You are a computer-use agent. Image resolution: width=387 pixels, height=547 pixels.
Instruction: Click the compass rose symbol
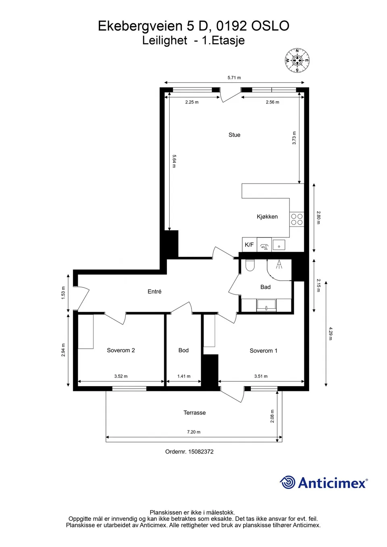pyautogui.click(x=297, y=60)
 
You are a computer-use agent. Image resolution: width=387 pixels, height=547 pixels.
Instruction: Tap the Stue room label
pyautogui.click(x=234, y=135)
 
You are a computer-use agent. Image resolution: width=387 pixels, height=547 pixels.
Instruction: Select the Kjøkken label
pyautogui.click(x=267, y=216)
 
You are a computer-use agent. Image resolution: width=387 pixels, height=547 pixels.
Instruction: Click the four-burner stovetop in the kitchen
pyautogui.click(x=297, y=219)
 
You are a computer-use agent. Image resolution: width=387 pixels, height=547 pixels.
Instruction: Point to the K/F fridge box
pyautogui.click(x=249, y=244)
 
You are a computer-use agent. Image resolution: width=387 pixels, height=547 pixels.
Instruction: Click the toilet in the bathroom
pyautogui.click(x=250, y=265)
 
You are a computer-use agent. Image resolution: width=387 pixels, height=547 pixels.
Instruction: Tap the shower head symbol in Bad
pyautogui.click(x=279, y=264)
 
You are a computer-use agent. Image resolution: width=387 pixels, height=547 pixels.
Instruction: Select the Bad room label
pyautogui.click(x=265, y=287)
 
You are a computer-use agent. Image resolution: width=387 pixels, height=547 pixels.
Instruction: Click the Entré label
pyautogui.click(x=154, y=291)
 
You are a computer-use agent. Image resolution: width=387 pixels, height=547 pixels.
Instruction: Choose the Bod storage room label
pyautogui.click(x=183, y=350)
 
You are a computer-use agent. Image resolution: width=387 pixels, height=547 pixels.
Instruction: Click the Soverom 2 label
pyautogui.click(x=121, y=350)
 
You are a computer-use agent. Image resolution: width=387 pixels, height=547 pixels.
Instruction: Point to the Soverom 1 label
pyautogui.click(x=263, y=351)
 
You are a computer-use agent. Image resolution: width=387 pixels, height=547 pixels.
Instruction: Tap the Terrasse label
pyautogui.click(x=194, y=413)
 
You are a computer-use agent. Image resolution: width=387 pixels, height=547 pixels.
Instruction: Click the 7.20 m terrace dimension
pyautogui.click(x=193, y=432)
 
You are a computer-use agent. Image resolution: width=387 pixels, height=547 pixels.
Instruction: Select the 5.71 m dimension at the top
pyautogui.click(x=234, y=78)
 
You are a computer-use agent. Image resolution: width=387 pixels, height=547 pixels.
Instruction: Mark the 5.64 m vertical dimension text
pyautogui.click(x=174, y=161)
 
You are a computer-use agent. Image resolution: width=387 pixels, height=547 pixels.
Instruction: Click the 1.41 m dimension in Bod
pyautogui.click(x=183, y=376)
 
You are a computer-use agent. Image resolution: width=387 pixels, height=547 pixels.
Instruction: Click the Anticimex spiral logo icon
pyautogui.click(x=287, y=482)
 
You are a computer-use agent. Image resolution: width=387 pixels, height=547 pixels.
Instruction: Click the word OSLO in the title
pyautogui.click(x=270, y=26)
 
